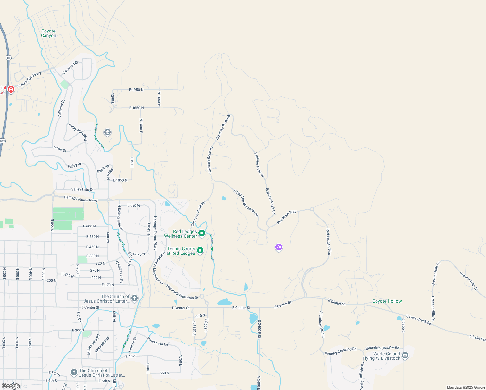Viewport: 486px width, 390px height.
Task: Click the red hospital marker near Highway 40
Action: click(11, 89)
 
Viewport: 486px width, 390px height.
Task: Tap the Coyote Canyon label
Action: click(48, 33)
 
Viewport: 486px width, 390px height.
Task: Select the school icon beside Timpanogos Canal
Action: click(107, 132)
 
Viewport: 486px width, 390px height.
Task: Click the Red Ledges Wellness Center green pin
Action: click(202, 233)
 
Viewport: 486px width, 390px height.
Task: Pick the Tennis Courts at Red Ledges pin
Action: click(200, 250)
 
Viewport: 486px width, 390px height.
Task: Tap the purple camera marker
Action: click(278, 247)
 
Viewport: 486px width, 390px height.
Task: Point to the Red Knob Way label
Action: click(287, 217)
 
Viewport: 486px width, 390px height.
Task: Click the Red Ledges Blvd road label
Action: click(328, 242)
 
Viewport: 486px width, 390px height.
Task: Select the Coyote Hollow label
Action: click(387, 301)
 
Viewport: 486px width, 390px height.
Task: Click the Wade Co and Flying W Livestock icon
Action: click(405, 356)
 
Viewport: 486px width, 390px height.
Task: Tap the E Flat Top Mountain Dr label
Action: click(246, 203)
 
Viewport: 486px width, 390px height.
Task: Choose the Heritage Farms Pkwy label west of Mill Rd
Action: click(81, 199)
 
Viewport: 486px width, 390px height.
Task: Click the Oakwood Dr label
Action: click(70, 67)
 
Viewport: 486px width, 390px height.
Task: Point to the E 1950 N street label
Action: click(136, 90)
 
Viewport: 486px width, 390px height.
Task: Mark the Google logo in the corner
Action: click(11, 386)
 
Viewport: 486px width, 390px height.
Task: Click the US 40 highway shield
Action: click(8, 58)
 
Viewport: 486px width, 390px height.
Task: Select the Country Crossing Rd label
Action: click(340, 351)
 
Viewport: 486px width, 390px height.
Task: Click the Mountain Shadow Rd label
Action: click(382, 348)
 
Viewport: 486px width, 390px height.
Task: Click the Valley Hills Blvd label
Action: click(78, 132)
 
